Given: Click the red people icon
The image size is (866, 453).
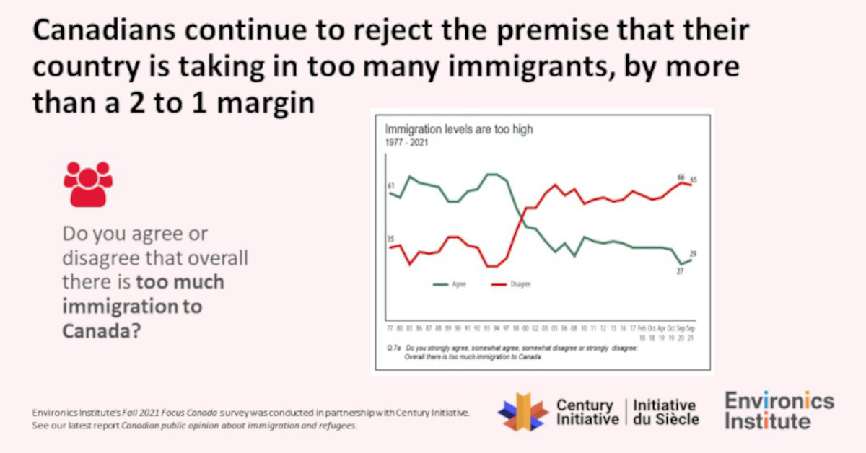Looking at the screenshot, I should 88,183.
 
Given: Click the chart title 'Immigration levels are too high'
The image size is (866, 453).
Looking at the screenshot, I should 458,130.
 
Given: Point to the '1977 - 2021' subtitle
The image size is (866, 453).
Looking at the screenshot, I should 406,143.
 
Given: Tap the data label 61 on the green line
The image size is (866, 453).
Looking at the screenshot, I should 390,187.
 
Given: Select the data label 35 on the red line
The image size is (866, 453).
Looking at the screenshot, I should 390,239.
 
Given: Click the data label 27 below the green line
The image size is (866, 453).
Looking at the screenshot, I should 680,271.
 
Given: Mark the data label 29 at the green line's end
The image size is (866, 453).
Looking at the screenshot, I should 693,254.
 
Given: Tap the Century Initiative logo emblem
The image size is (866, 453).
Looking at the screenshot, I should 523,412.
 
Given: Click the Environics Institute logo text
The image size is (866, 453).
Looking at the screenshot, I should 779,411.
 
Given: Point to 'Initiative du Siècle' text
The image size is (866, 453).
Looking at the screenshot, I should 665,412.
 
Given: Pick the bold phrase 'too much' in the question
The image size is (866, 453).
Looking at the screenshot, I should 180,282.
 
